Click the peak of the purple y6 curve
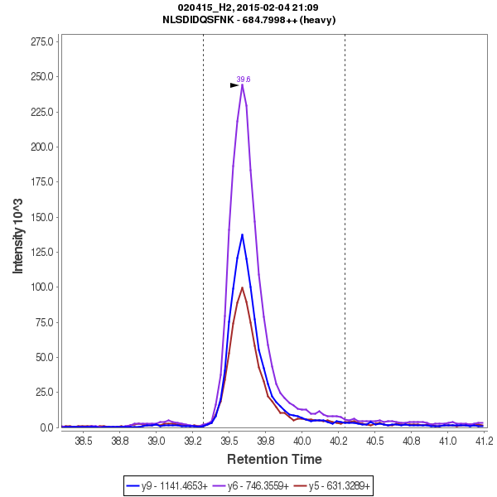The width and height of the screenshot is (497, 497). point(243,84)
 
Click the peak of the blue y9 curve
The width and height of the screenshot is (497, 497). point(242,235)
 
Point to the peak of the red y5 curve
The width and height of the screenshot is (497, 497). point(242,287)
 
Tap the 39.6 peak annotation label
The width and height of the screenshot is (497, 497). point(244,80)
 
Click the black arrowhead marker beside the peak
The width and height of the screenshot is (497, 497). point(234,84)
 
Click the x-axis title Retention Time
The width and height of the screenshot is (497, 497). point(274,459)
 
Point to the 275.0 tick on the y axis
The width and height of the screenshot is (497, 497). point(43,41)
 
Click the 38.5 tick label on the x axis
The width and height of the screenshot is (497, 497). point(84,442)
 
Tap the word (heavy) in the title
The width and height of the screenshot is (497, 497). point(317,20)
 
